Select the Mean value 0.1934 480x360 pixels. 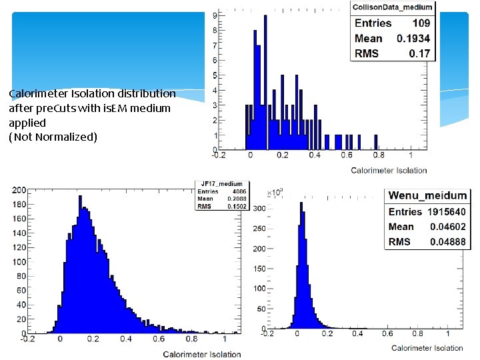(413, 39)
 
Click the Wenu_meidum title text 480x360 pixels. (427, 195)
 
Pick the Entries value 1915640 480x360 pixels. (445, 212)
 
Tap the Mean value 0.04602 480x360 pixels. (447, 227)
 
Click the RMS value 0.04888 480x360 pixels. (447, 242)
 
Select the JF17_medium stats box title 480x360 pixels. (222, 184)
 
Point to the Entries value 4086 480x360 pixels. (238, 192)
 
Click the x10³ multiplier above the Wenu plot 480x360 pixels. (274, 192)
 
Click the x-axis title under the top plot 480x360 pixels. (389, 171)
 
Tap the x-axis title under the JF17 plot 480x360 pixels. (202, 354)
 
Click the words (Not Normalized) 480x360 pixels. (53, 137)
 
